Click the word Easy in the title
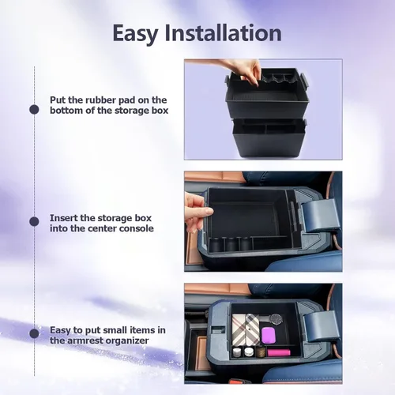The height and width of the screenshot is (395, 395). pyautogui.click(x=135, y=34)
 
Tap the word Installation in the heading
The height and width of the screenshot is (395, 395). pyautogui.click(x=224, y=33)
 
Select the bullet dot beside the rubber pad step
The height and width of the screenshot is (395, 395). pyautogui.click(x=34, y=109)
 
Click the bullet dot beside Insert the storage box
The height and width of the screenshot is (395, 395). pyautogui.click(x=34, y=221)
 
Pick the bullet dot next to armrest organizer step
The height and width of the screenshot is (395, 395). pyautogui.click(x=34, y=333)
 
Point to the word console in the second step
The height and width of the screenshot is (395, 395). pyautogui.click(x=137, y=228)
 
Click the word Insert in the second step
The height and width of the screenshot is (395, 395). pyautogui.click(x=63, y=218)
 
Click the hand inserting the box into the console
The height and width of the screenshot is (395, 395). pyautogui.click(x=196, y=213)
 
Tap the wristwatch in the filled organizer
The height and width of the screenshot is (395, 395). pyautogui.click(x=275, y=319)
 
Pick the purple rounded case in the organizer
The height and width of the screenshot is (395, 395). pyautogui.click(x=269, y=335)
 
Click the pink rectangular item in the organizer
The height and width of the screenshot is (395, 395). pyautogui.click(x=279, y=352)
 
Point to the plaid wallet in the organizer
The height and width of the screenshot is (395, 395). pyautogui.click(x=246, y=329)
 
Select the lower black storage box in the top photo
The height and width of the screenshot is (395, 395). pyautogui.click(x=270, y=137)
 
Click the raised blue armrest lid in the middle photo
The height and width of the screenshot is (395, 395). pyautogui.click(x=319, y=216)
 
